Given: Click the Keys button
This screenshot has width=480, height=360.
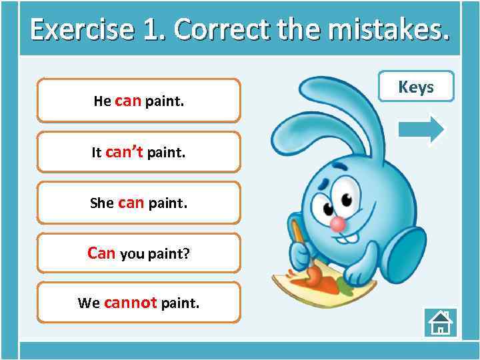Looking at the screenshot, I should coord(416,87).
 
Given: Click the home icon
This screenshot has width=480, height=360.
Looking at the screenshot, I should coord(440,323).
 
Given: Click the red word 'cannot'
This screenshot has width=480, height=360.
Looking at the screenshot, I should coord(130,303).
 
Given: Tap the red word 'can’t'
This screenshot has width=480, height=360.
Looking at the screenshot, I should coord(124,152).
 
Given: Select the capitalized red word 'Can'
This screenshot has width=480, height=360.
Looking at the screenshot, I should coord(101,253).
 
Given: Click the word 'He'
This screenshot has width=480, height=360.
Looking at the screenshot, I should coord(102,101).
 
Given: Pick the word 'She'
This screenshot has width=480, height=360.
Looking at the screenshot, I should coord(102,203).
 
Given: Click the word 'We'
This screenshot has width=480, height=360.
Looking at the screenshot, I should coord(89,303).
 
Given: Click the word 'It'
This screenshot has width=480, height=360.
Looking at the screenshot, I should coord(96,153).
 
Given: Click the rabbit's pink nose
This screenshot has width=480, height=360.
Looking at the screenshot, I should coord(339,224).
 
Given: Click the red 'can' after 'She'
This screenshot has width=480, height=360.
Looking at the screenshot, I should coord(131,203).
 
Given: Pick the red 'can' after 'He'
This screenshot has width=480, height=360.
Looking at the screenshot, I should coord(128,101).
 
